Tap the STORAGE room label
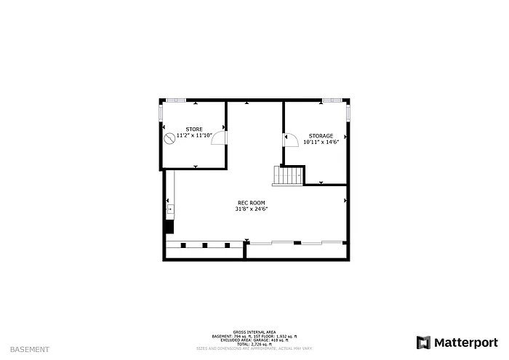tap(321, 136)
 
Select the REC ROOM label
tap(252, 202)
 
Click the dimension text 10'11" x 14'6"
tap(321, 143)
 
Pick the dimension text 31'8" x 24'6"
tap(252, 209)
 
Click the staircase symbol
tap(289, 175)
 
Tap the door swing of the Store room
tap(219, 139)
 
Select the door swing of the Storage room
tap(291, 140)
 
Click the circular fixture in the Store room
tap(169, 137)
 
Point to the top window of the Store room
tap(175, 100)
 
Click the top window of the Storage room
tap(332, 100)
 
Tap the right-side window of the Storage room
tap(349, 113)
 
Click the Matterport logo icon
tap(423, 342)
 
